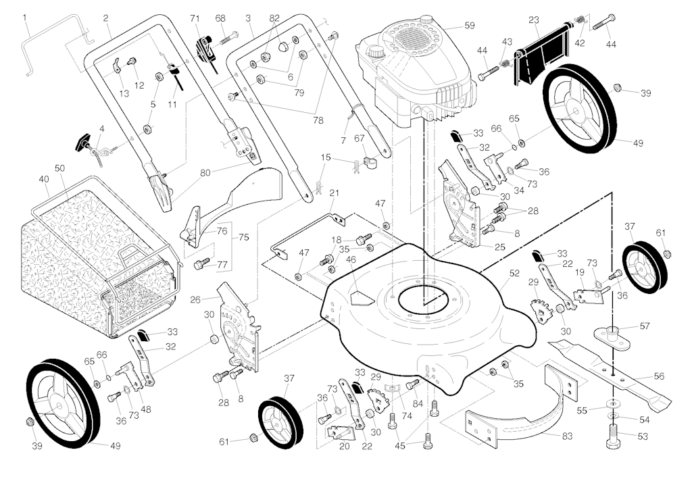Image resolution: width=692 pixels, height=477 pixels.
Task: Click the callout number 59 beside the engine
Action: pos(470,26)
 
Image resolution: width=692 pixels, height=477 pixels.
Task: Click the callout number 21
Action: pos(333,193)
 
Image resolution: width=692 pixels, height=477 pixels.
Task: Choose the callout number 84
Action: pos(418,404)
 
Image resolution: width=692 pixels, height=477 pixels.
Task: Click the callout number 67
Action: pos(359,139)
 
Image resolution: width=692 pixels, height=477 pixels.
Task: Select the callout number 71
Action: pos(195,17)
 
